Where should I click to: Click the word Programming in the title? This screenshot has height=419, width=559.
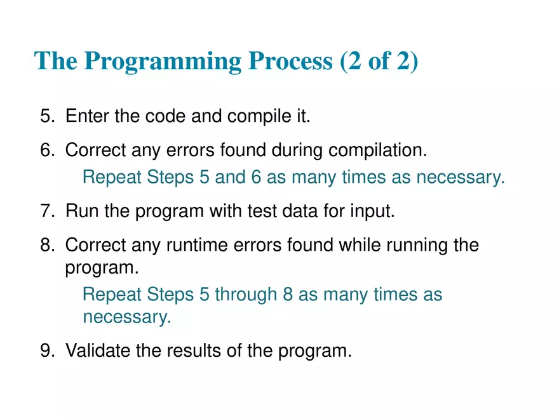click(x=163, y=61)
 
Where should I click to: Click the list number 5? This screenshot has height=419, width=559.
click(x=48, y=117)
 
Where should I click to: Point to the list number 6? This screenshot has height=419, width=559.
click(x=48, y=151)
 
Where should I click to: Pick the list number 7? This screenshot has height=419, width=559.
click(x=48, y=211)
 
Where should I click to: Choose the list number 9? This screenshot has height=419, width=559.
click(x=48, y=350)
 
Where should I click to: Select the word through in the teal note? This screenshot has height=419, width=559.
click(x=246, y=295)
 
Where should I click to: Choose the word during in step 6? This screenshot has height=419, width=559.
click(x=298, y=151)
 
